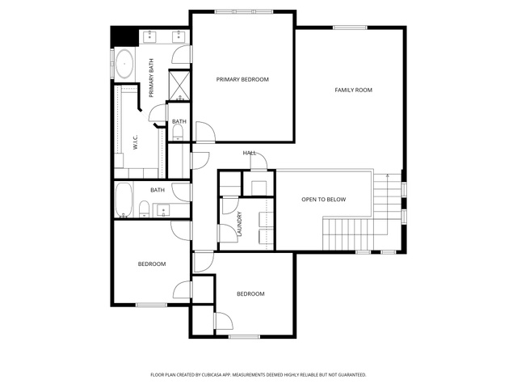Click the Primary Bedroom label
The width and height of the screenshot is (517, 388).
pyautogui.click(x=242, y=79)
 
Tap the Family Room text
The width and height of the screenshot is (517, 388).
pyautogui.click(x=354, y=90)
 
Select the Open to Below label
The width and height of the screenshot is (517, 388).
pyautogui.click(x=323, y=200)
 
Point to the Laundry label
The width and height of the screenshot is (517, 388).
pyautogui.click(x=240, y=224)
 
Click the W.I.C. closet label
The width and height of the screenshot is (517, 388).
pyautogui.click(x=136, y=142)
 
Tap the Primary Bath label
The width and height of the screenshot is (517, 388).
pyautogui.click(x=151, y=78)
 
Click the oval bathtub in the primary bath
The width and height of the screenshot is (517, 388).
pyautogui.click(x=124, y=64)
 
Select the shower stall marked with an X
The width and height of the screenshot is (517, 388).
pyautogui.click(x=179, y=85)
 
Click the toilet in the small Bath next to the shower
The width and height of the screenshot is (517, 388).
pyautogui.click(x=178, y=133)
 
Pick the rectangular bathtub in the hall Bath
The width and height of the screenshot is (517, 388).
pyautogui.click(x=124, y=200)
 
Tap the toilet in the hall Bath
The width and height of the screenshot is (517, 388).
pyautogui.click(x=144, y=209)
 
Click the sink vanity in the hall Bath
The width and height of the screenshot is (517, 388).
pyautogui.click(x=163, y=210)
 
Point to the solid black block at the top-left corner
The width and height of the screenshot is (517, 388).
pyautogui.click(x=124, y=36)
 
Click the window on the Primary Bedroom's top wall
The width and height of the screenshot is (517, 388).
pyautogui.click(x=244, y=12)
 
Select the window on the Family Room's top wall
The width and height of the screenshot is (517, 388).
pyautogui.click(x=350, y=27)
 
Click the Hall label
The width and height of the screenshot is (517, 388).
pyautogui.click(x=250, y=153)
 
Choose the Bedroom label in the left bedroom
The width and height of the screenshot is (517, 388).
pyautogui.click(x=152, y=264)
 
